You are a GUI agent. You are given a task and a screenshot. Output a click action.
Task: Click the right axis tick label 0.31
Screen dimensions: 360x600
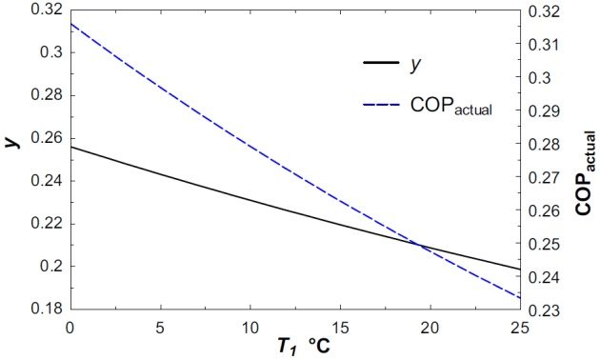[547, 45]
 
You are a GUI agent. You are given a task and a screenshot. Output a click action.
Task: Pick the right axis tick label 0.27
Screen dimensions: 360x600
[547, 178]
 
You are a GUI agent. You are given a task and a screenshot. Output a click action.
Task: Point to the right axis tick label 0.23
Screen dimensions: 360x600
[547, 310]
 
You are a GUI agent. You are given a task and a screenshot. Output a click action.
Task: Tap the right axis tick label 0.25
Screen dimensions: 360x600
[547, 245]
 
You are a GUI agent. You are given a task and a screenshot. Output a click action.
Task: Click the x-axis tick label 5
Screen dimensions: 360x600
[160, 327]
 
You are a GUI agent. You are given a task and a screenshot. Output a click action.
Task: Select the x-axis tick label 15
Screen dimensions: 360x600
[340, 327]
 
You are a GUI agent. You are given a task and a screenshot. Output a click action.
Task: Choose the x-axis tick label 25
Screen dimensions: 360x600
[519, 327]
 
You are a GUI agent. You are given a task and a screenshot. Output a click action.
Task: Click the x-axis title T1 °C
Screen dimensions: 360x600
[296, 347]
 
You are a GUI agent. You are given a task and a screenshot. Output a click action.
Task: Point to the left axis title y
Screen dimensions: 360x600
[11, 143]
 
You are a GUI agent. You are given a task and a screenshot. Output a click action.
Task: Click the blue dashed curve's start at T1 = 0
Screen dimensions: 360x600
[70, 23]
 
